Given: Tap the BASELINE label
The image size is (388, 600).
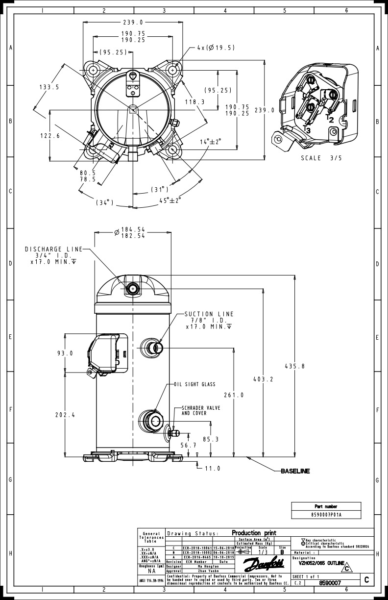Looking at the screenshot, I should pos(295,471).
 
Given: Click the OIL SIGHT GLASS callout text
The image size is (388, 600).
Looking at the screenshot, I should pos(195,384).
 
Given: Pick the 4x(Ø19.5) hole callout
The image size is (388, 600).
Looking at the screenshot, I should pos(216,48).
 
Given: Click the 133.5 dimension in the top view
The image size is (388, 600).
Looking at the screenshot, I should pos(49,87).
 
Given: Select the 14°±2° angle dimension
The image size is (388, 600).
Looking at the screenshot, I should pos(210,141).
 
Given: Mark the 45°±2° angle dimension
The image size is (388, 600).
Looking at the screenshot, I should pos(170,200).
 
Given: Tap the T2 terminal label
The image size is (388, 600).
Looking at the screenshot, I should pos(330,119).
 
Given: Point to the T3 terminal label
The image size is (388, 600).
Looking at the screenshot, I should pos(307,129).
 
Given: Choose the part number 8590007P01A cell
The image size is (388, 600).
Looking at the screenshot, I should pos(326,515).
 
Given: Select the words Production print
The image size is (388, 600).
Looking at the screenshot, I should pos(254,533).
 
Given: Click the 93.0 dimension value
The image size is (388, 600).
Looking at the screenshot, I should pos(64,353).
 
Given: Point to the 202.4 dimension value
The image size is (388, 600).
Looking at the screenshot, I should pos(65,415).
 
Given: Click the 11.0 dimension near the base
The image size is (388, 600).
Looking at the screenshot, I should pos(212,468).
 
